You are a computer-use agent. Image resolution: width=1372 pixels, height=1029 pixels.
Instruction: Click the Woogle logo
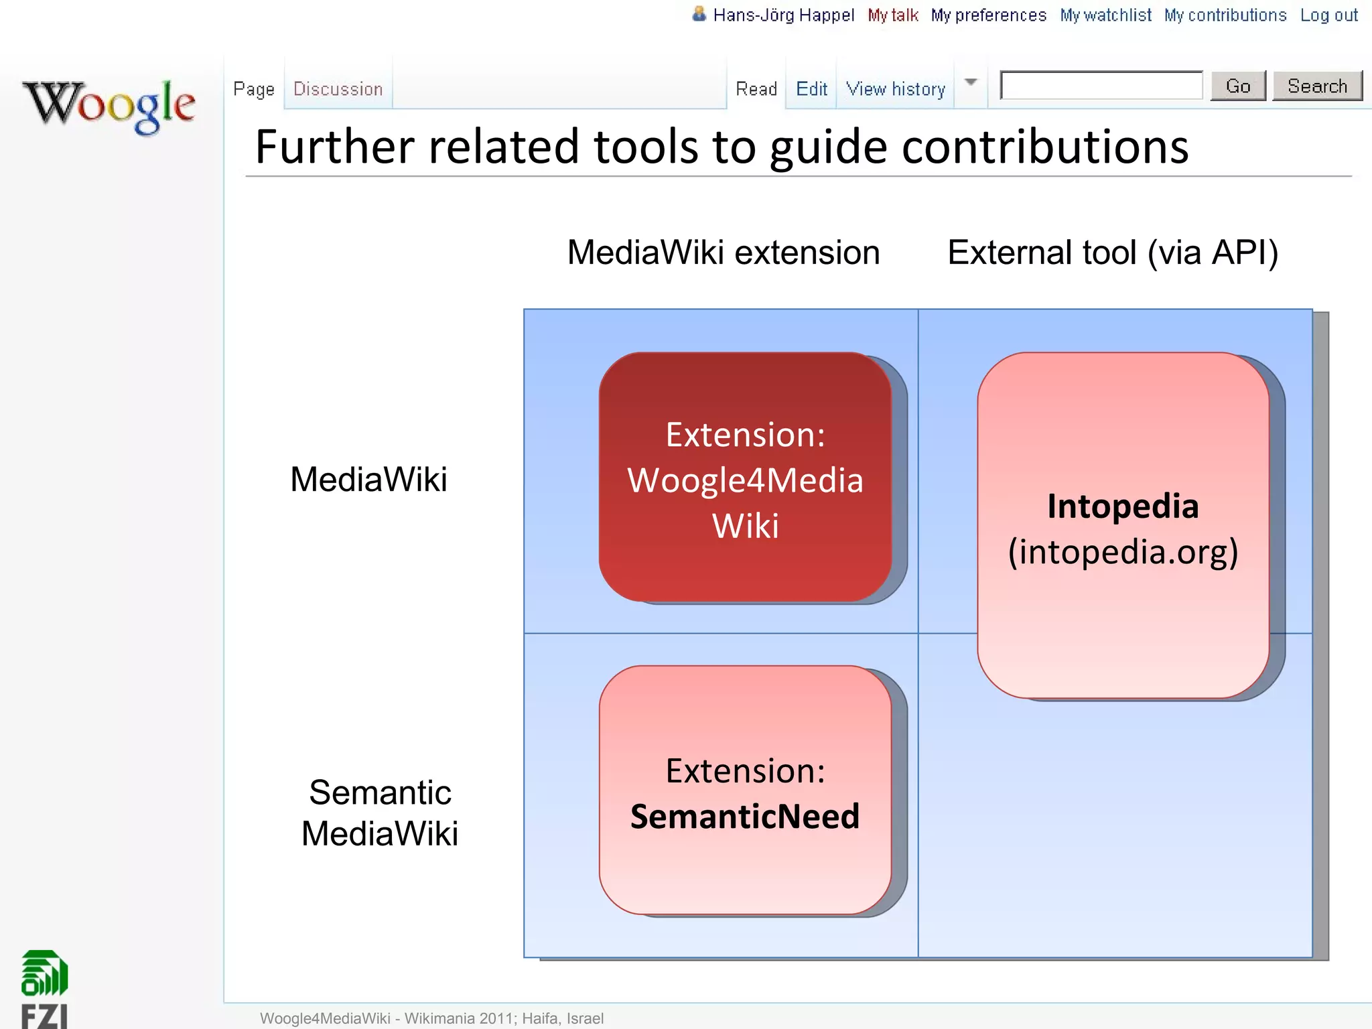point(109,106)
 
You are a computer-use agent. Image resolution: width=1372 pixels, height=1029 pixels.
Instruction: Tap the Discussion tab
point(338,89)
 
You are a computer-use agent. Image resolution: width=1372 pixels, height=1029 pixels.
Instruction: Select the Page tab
point(254,89)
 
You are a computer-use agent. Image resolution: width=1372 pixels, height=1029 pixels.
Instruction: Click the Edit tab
point(811,89)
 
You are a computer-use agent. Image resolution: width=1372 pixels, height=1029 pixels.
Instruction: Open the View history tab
point(895,89)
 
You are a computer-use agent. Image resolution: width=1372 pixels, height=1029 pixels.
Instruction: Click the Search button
point(1316,86)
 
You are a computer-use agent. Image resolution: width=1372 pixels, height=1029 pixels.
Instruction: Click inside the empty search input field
point(1101,86)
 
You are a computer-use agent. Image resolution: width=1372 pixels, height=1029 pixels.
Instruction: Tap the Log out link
point(1328,15)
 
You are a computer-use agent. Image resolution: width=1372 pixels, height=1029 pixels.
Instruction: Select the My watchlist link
point(1105,15)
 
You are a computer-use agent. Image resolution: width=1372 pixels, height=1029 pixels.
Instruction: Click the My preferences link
point(988,15)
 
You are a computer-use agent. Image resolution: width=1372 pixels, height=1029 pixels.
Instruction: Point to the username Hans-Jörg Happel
point(783,15)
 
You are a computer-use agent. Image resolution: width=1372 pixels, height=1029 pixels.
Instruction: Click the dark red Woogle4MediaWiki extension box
point(745,478)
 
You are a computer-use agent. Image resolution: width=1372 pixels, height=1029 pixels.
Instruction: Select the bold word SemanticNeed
point(744,817)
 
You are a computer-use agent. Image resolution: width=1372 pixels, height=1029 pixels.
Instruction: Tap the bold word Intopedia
point(1123,506)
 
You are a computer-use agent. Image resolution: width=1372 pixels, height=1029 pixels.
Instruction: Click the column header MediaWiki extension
point(723,253)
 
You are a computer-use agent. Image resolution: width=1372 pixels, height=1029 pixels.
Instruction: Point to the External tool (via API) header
point(1113,253)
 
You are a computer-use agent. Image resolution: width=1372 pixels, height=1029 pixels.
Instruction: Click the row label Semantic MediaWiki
point(380,813)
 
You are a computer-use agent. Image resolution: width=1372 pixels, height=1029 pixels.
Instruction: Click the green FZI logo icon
point(44,973)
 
